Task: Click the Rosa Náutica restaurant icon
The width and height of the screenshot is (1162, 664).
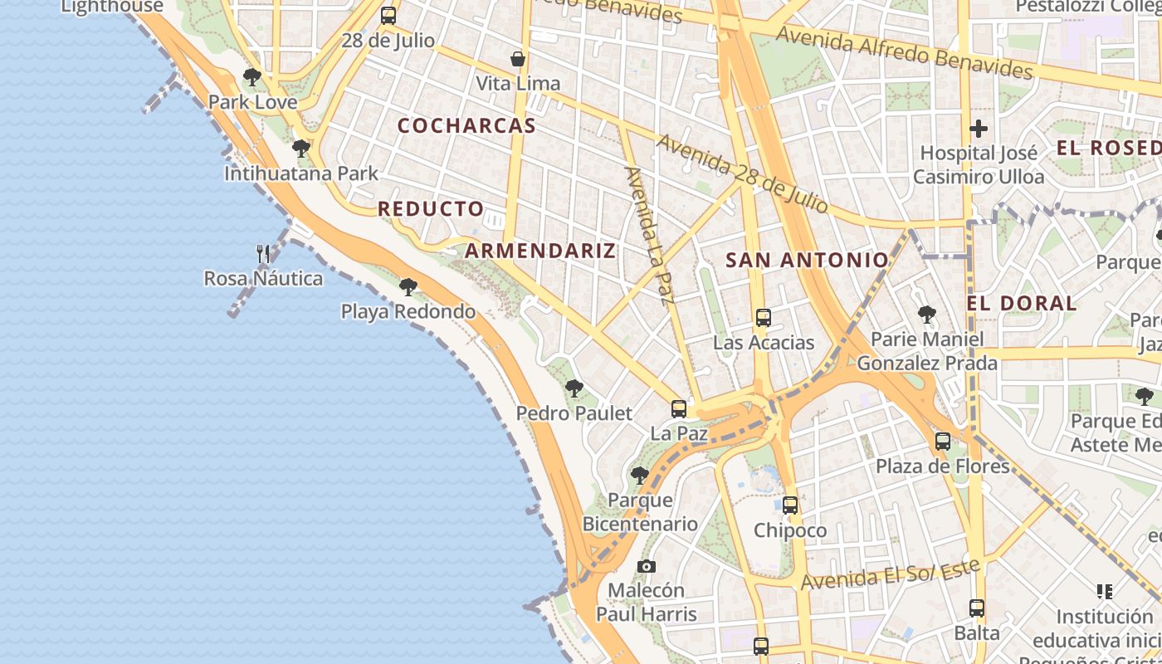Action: click(263, 254)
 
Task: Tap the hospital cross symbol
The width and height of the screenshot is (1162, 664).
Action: click(979, 129)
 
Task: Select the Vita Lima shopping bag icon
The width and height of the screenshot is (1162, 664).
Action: click(518, 59)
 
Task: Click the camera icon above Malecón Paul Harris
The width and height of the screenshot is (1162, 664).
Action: click(647, 566)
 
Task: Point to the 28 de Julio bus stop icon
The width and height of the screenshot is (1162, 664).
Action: click(388, 16)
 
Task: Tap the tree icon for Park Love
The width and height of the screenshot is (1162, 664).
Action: click(252, 77)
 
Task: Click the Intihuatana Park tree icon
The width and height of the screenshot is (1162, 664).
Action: click(301, 149)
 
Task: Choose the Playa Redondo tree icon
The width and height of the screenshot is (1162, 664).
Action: click(408, 287)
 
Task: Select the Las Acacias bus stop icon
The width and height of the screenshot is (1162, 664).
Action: click(764, 317)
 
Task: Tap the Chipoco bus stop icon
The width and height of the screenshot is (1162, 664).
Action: click(790, 505)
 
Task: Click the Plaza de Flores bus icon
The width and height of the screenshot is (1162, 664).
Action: click(943, 441)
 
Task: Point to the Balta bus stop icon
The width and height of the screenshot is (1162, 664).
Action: click(977, 608)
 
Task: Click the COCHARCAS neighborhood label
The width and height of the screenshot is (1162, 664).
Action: click(466, 126)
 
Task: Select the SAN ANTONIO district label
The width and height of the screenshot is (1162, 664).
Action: click(807, 261)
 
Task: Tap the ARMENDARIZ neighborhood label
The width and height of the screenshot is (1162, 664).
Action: click(540, 251)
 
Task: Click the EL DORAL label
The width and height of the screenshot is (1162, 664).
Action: click(1022, 303)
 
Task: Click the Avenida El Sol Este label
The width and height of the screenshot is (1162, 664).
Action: click(891, 574)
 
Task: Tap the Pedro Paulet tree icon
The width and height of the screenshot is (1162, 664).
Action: click(574, 388)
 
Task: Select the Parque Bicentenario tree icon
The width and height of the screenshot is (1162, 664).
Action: click(639, 475)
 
